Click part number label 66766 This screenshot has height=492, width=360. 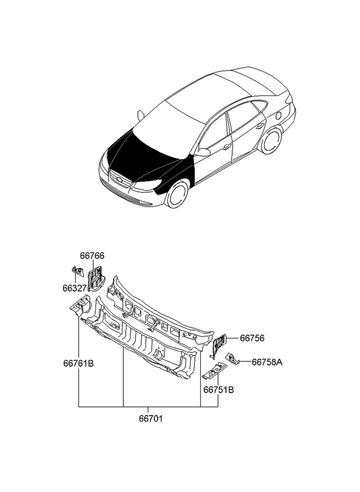coord(92,256)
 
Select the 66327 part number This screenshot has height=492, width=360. coord(74,288)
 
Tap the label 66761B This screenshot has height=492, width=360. coord(78,363)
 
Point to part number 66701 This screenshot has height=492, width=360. coord(151,419)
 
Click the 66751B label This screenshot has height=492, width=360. coord(219,390)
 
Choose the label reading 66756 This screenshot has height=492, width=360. coord(252,338)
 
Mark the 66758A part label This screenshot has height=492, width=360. coord(267,363)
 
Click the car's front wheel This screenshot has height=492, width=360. coord(177,195)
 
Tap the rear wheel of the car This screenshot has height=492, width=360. coord(271,141)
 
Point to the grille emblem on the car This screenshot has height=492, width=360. coord(118,180)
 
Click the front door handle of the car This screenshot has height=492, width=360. coord(226,146)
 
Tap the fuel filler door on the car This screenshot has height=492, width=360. coord(277,116)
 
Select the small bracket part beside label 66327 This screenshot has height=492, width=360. coord(78,271)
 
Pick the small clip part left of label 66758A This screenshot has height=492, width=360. coord(233,358)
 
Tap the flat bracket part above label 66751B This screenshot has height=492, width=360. coord(215,371)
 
